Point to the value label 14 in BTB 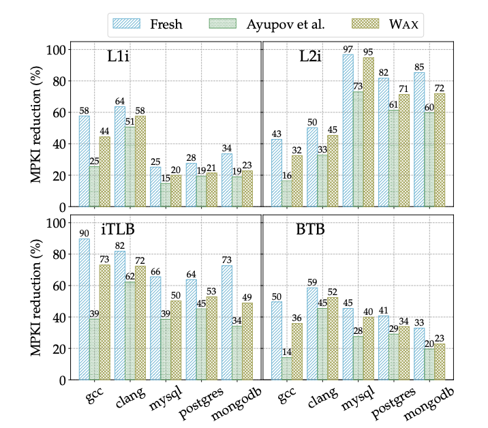[287, 352]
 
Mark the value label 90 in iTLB [84, 233]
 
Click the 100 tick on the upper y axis [59, 50]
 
